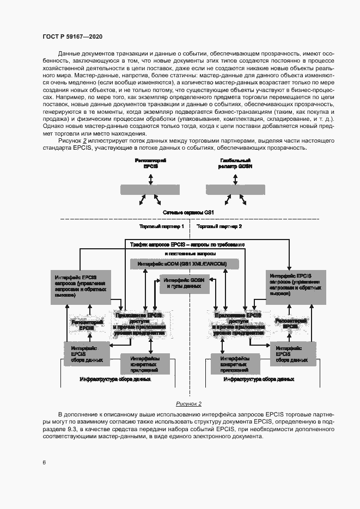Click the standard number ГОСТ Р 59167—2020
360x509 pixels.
tap(72, 36)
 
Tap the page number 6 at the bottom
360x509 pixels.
tap(44, 462)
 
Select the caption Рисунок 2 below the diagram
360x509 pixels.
tap(188, 403)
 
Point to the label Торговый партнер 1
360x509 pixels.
tap(162, 226)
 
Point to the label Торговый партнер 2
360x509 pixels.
tap(219, 226)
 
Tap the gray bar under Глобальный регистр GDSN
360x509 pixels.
tap(235, 189)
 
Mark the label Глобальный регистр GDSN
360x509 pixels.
tap(235, 164)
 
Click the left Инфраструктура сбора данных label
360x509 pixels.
tap(115, 379)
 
